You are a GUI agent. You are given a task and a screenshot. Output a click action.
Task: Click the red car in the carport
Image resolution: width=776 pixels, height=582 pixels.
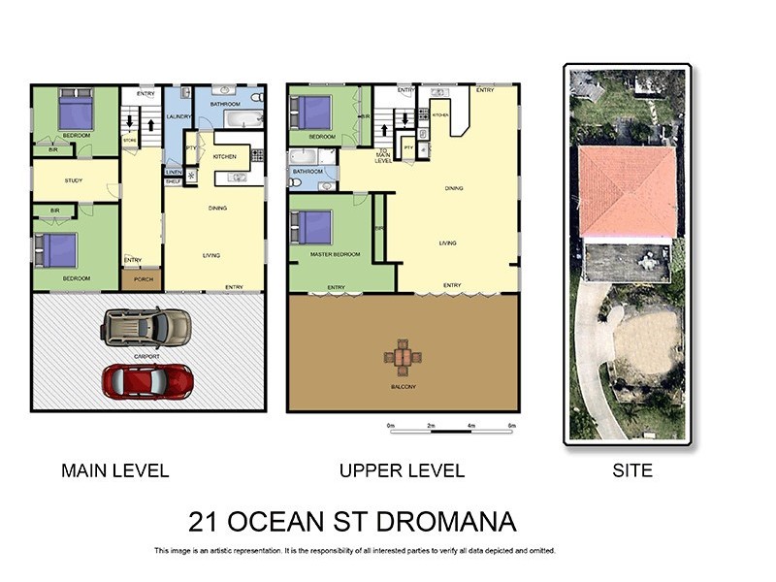[147, 380]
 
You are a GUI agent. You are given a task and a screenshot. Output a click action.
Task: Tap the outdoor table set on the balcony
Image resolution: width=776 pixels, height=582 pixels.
[403, 356]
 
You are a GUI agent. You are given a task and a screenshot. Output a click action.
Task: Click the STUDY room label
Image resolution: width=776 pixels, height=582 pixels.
[73, 180]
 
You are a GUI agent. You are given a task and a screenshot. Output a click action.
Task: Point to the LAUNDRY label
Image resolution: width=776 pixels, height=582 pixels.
[178, 116]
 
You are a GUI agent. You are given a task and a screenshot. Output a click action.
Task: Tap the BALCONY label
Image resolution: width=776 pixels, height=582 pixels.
[403, 387]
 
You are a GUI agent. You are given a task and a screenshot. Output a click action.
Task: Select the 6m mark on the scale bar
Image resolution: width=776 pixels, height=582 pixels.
[511, 426]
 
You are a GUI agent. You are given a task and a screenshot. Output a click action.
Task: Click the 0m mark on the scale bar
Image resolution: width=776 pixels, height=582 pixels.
[390, 426]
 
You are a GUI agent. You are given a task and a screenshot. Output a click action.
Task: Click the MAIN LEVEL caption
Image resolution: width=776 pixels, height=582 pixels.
[114, 471]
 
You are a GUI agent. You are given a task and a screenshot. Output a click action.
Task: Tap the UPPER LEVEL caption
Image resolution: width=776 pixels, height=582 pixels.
[402, 471]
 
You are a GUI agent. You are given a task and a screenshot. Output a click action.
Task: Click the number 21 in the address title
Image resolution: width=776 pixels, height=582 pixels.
[205, 522]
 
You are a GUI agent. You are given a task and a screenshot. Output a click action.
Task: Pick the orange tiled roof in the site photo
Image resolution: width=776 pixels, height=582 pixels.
[628, 191]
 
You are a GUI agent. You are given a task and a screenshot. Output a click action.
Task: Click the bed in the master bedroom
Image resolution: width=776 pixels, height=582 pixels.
[312, 228]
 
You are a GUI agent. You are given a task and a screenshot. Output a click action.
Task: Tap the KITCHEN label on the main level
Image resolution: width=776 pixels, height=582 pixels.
[224, 156]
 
